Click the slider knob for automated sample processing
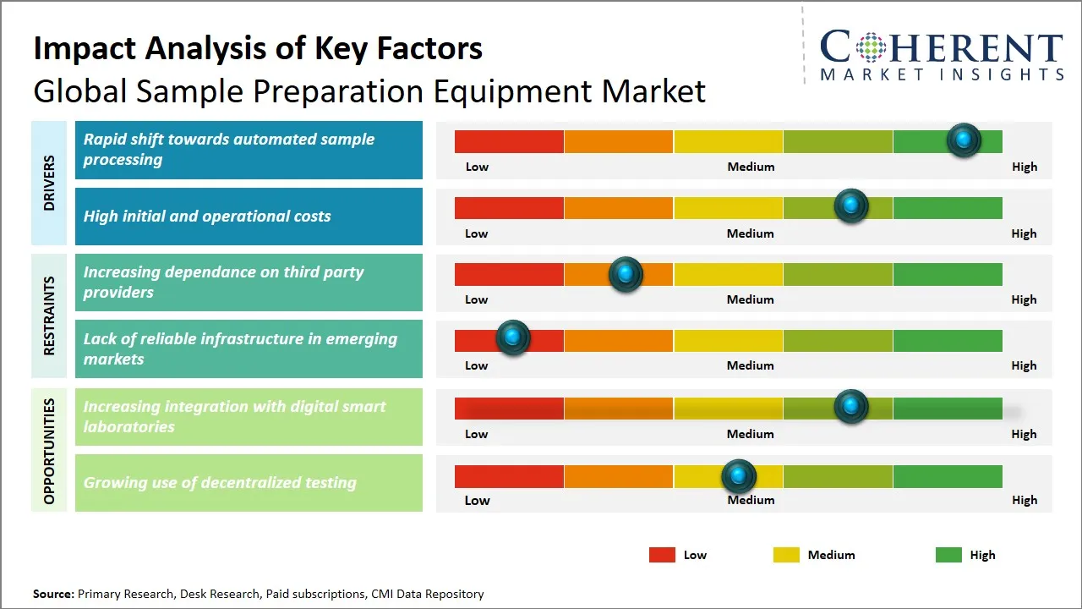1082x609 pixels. coord(964,140)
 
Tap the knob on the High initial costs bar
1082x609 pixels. coord(851,206)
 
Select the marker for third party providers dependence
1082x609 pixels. coord(626,273)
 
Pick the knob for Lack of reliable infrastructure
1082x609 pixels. coord(512,337)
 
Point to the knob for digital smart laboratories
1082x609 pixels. coord(851,406)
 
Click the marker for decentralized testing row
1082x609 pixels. coord(739,476)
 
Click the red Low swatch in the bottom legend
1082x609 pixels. coord(662,555)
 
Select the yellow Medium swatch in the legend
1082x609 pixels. coord(786,555)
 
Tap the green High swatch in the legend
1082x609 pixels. coord(948,555)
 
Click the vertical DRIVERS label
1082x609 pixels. coord(49,183)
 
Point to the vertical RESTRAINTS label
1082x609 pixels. coord(49,315)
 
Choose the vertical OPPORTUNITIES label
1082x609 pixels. coord(49,451)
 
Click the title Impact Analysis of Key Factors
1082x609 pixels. coord(258,48)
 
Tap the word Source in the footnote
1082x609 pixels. coord(52,594)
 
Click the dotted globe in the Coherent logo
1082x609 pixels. coord(869,47)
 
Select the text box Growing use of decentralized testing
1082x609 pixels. coord(249,483)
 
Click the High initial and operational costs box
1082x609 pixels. coord(249,217)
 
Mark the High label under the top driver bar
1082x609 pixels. coord(1025,167)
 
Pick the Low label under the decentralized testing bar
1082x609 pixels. coord(477,500)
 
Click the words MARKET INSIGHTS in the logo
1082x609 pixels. coord(942,75)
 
